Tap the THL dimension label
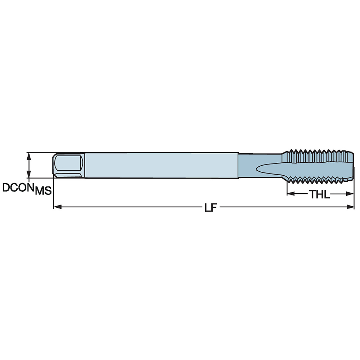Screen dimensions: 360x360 click(319, 194)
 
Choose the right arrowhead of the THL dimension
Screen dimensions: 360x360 click(351, 194)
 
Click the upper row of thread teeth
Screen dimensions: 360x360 click(317, 152)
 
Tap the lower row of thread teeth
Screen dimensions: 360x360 click(317, 179)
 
